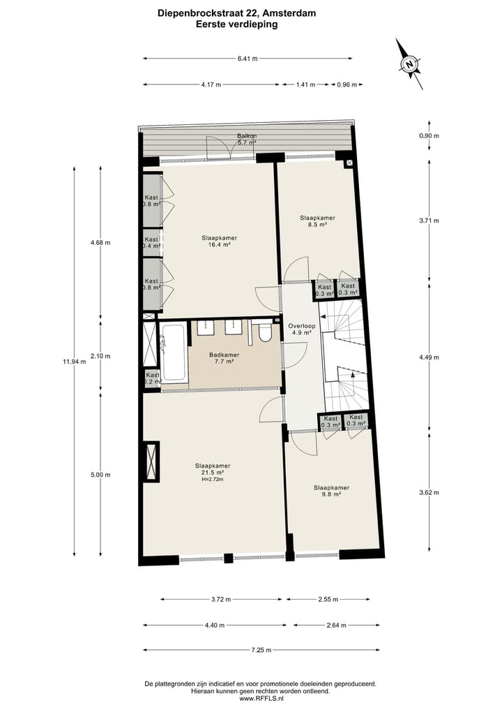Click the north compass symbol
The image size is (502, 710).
point(410,65)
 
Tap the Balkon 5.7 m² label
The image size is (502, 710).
point(247,139)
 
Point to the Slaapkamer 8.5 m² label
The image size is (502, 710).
point(317,221)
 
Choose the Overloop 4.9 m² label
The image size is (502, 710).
point(303,329)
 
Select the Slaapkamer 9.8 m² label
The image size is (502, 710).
point(331,491)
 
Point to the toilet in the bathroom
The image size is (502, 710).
point(264,333)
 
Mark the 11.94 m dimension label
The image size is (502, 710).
point(74,362)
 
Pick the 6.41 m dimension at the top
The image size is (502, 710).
point(247,59)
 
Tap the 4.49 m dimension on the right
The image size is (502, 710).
point(429,357)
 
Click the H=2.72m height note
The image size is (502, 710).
point(213,480)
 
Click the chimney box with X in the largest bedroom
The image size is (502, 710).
point(151,461)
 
